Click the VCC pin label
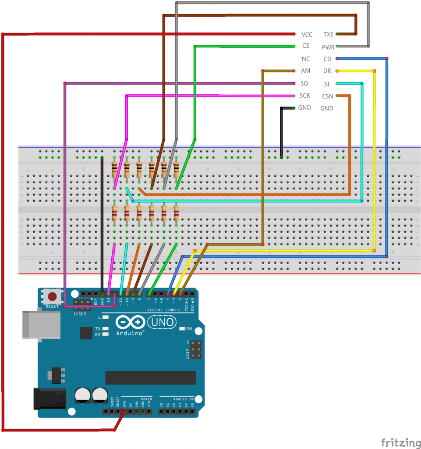307,34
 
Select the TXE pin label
328,34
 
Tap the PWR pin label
328,47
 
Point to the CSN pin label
327,96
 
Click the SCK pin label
304,96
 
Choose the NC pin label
306,59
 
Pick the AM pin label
306,71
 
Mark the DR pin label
327,71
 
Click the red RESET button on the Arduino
53,296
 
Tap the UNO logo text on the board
162,323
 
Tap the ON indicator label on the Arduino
189,328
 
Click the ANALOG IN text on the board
182,399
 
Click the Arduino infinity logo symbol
131,323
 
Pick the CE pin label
306,46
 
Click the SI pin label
327,84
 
